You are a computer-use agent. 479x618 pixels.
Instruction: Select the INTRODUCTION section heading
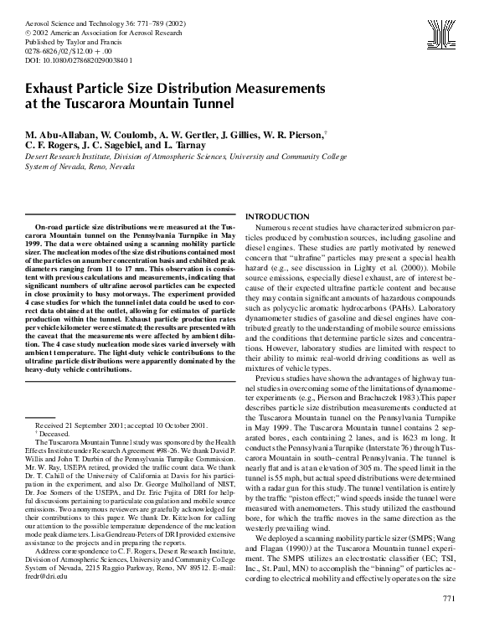coord(282,216)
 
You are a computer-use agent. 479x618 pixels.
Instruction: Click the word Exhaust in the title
coord(54,88)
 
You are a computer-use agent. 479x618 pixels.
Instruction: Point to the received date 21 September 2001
coord(109,426)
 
